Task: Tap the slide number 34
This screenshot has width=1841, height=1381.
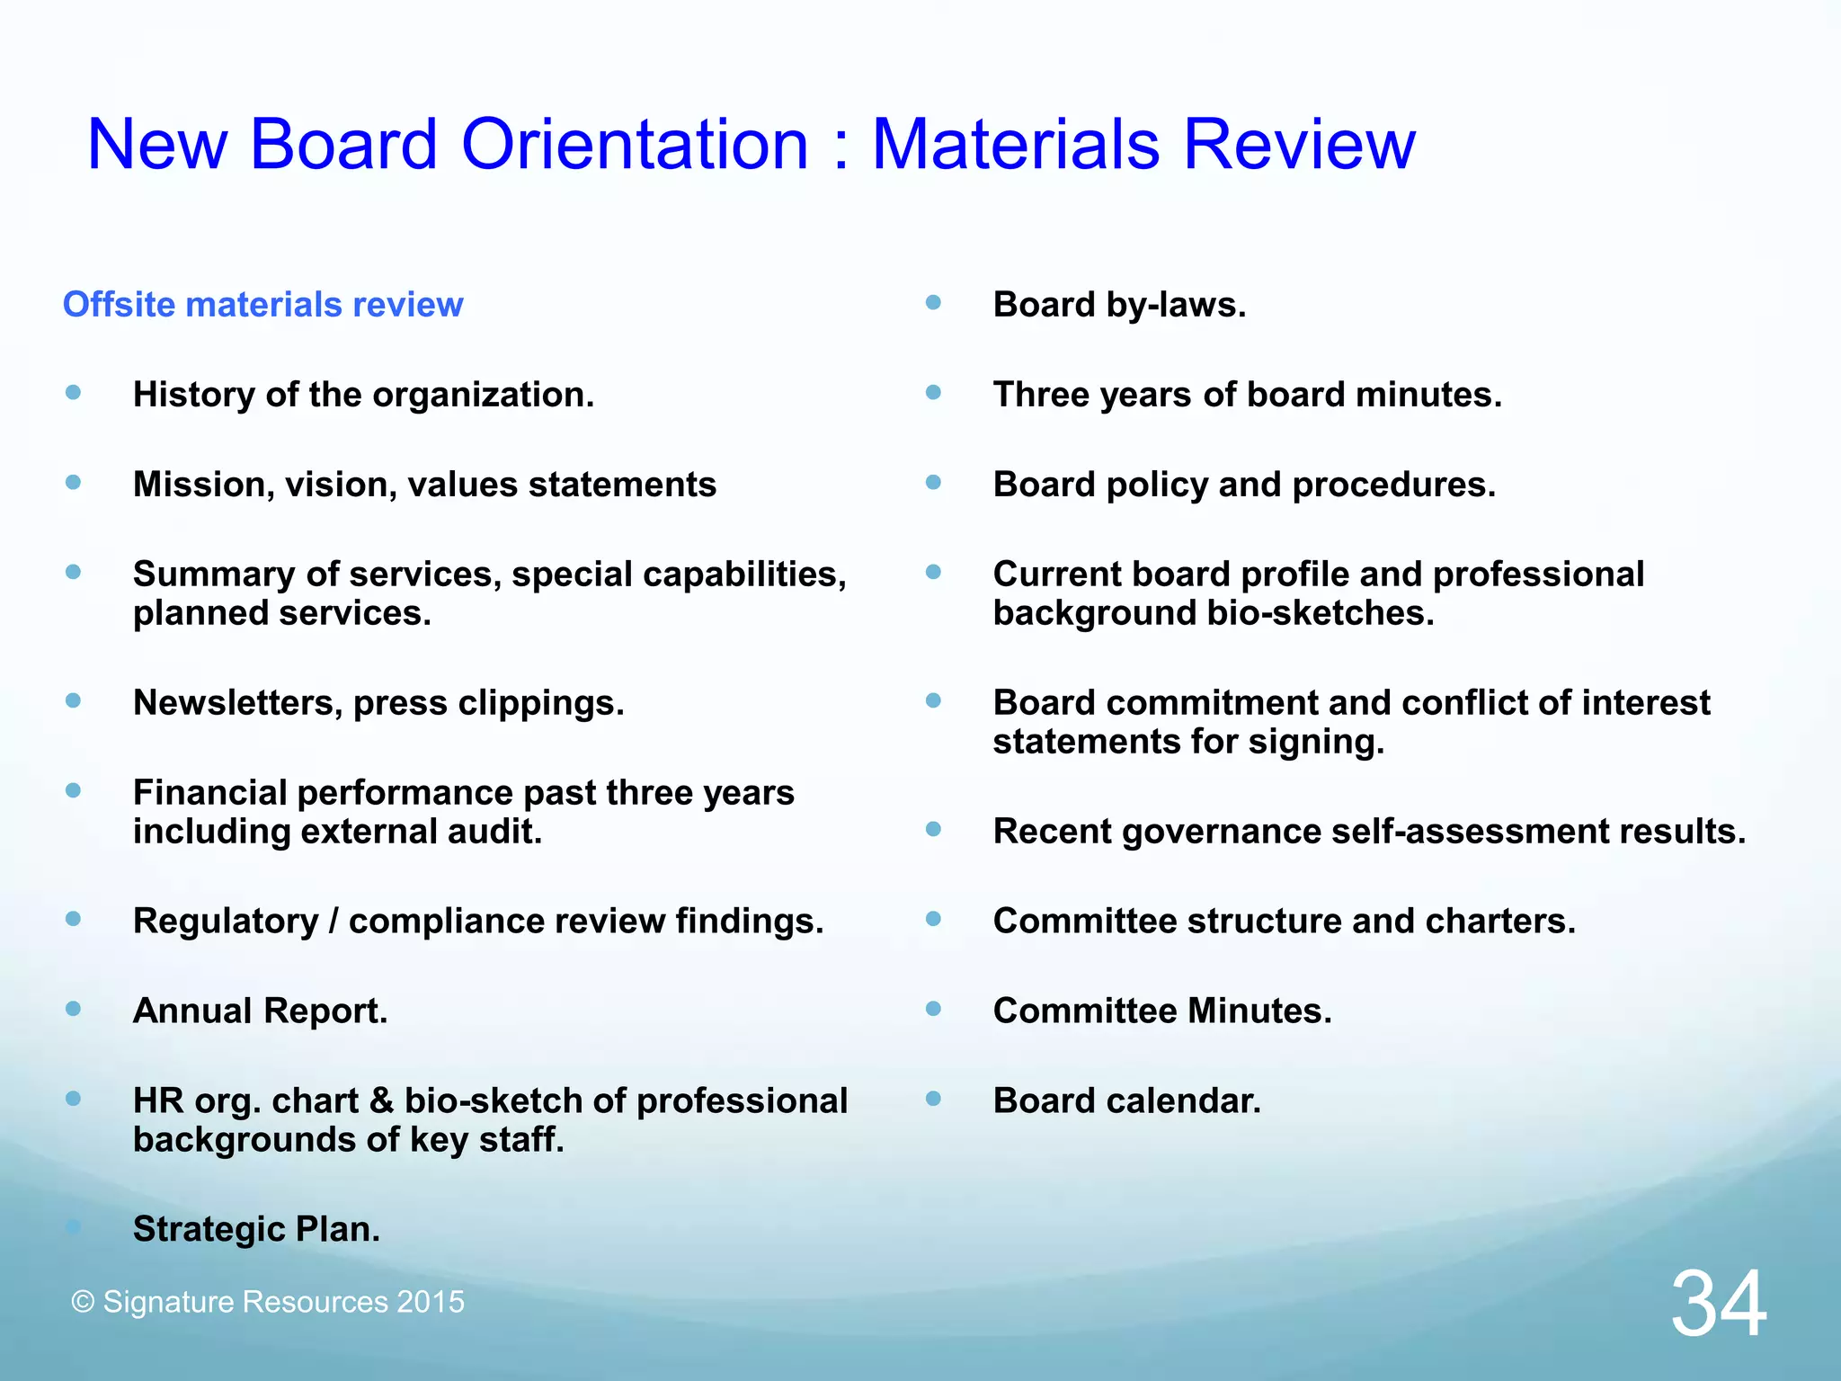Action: [x=1718, y=1304]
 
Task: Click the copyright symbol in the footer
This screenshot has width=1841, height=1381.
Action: [x=83, y=1302]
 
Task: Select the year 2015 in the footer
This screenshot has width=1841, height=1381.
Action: [x=431, y=1302]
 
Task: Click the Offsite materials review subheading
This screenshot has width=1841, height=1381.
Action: [x=262, y=305]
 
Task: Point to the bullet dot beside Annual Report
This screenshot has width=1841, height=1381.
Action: [x=74, y=1009]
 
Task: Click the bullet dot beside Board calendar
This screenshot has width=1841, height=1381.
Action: [x=933, y=1099]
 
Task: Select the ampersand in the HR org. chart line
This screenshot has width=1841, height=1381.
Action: [x=381, y=1100]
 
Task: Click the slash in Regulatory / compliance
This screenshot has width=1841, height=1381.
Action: [x=334, y=922]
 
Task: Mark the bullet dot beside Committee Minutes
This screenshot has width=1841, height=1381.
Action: [x=933, y=1009]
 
